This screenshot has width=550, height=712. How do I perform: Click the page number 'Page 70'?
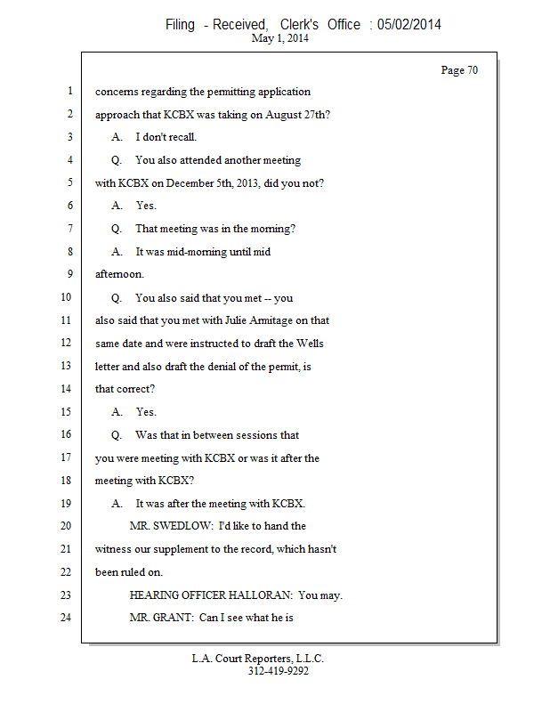tap(459, 70)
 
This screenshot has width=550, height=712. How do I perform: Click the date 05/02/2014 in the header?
tap(408, 25)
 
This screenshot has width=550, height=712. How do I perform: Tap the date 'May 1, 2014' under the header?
tap(280, 39)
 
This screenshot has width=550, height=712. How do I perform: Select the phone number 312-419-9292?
tap(279, 672)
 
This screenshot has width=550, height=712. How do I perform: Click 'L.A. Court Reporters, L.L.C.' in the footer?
tap(258, 659)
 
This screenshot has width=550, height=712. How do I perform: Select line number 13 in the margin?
tap(65, 366)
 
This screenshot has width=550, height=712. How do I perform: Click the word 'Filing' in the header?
tap(180, 25)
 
